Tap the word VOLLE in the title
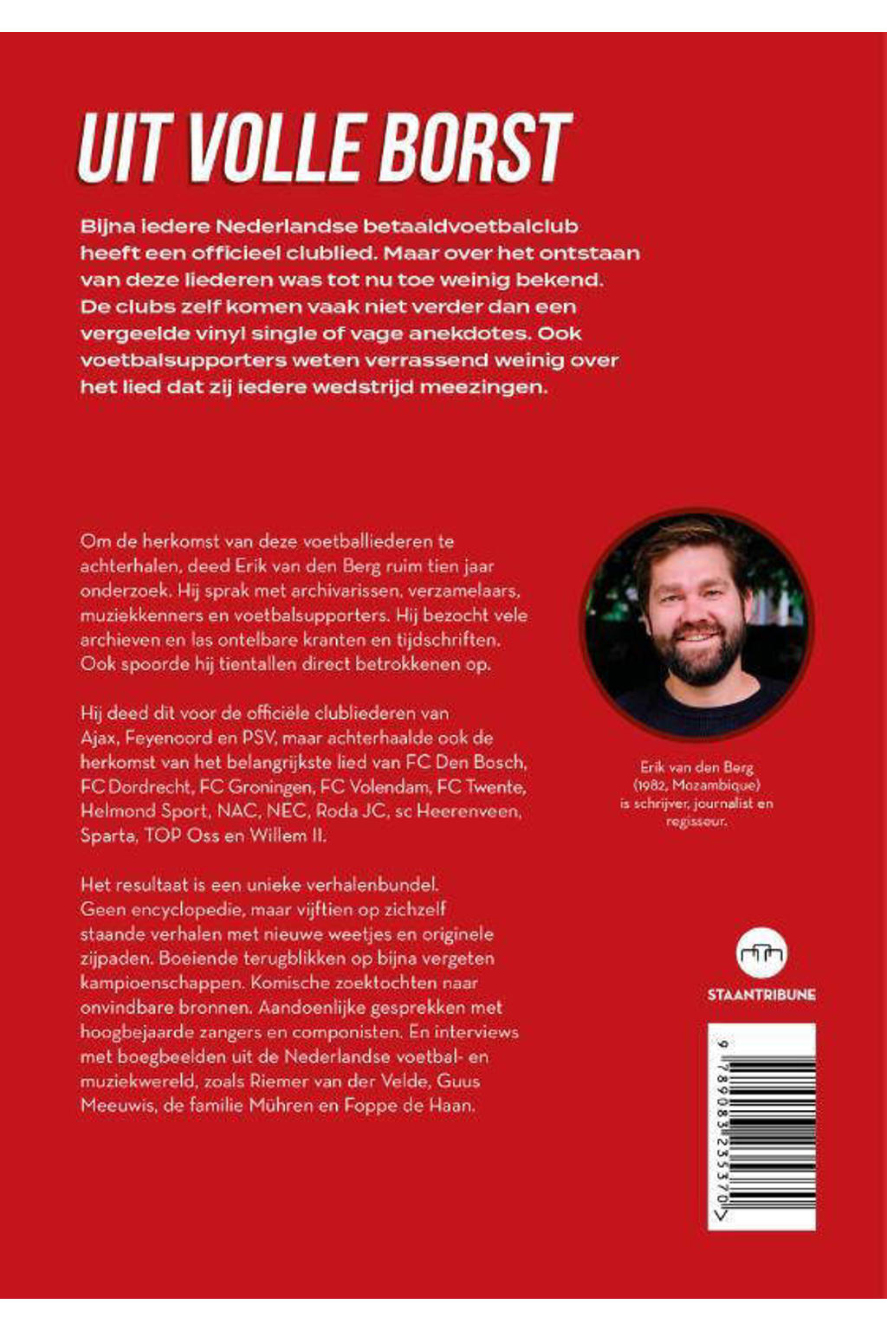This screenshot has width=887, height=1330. pyautogui.click(x=272, y=147)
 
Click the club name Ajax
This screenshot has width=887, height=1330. pyautogui.click(x=99, y=738)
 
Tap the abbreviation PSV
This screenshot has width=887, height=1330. pyautogui.click(x=259, y=738)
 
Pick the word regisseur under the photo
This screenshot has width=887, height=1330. pyautogui.click(x=696, y=821)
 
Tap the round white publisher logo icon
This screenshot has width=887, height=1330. pyautogui.click(x=761, y=954)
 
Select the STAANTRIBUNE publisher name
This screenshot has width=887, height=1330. pyautogui.click(x=761, y=995)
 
